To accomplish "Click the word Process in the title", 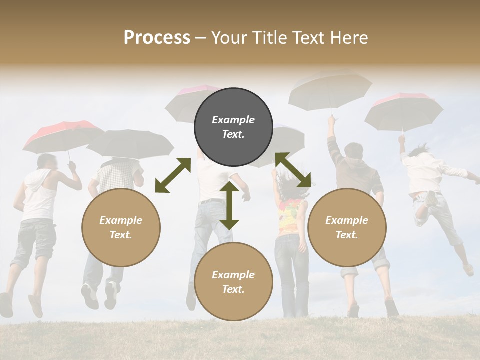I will [157, 38].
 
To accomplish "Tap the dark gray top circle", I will [233, 127].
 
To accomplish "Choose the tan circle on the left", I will [121, 227].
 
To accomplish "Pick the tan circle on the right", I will [347, 227].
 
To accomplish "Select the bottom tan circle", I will [233, 281].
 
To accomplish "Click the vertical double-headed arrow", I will [229, 205].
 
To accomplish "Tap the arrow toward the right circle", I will [293, 170].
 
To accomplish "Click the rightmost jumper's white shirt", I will [425, 172].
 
